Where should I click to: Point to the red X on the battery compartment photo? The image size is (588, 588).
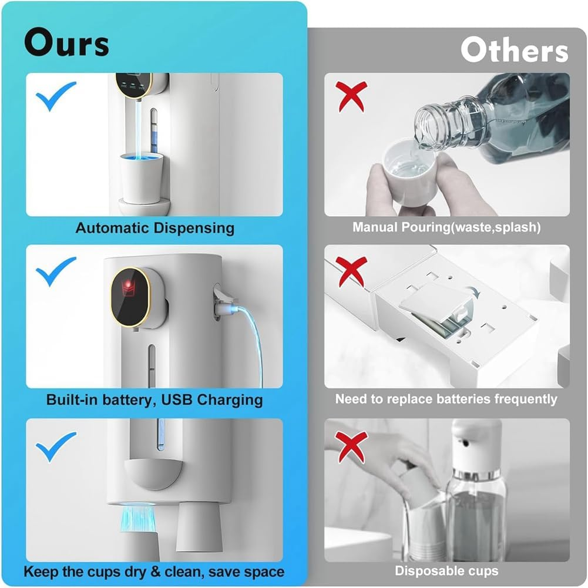(x=351, y=270)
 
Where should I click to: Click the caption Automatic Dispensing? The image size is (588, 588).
(x=154, y=228)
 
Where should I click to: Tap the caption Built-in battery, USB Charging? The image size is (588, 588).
(x=154, y=400)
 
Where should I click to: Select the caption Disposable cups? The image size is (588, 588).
(x=446, y=570)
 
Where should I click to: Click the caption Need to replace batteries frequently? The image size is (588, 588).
(x=446, y=399)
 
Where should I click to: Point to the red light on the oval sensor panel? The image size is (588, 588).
(x=127, y=287)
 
